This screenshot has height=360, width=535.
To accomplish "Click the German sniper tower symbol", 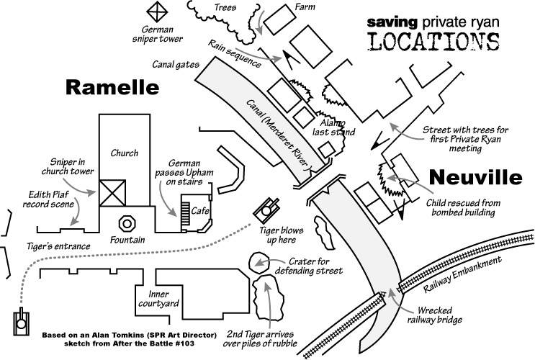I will [x=156, y=12].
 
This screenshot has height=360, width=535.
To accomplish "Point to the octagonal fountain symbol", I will [x=127, y=221].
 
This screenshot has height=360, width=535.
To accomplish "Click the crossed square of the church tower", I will [x=113, y=193].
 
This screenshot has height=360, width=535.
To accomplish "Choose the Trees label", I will [x=225, y=7].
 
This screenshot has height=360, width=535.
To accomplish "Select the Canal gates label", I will [x=175, y=64].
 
